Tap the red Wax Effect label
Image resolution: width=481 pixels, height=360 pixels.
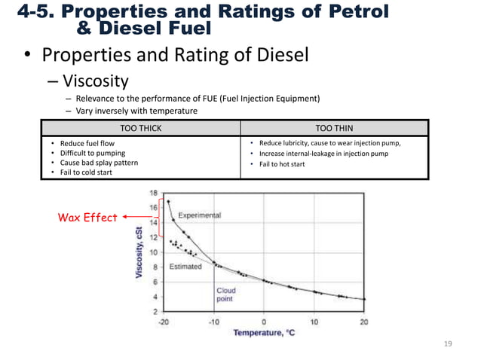tap(87, 218)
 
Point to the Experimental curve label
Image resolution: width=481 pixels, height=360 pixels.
tap(199, 215)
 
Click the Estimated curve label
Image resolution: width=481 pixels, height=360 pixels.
tap(185, 266)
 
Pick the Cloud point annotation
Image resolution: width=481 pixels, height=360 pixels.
tap(226, 294)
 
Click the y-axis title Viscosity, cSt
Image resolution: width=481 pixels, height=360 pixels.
tap(139, 252)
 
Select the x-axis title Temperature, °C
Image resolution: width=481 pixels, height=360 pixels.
tap(263, 333)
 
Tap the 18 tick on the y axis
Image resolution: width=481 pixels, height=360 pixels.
tap(153, 194)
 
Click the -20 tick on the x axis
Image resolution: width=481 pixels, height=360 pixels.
tap(164, 322)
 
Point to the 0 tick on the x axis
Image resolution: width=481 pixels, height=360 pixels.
tap(264, 322)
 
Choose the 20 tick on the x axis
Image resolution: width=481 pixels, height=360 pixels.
tap(363, 322)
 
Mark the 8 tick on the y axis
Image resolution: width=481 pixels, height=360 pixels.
tap(155, 267)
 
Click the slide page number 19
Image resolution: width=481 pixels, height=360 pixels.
tap(449, 343)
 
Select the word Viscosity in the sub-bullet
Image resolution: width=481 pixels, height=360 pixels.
tap(96, 81)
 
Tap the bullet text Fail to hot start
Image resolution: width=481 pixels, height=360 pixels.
tap(283, 164)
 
